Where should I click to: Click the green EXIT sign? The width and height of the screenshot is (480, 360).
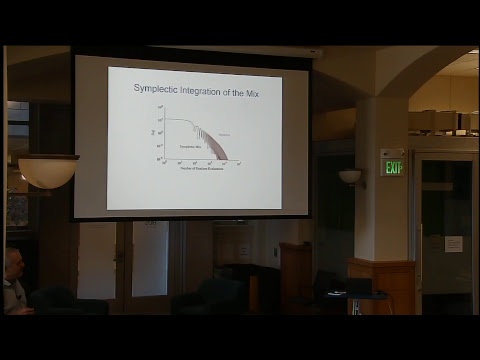pyautogui.click(x=393, y=167)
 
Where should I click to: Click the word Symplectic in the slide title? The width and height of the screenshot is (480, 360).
pyautogui.click(x=159, y=88)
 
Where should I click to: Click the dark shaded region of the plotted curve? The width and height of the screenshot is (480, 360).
pyautogui.click(x=215, y=147)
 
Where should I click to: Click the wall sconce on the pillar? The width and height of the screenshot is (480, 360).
pyautogui.click(x=350, y=176)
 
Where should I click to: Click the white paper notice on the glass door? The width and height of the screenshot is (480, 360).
pyautogui.click(x=453, y=244)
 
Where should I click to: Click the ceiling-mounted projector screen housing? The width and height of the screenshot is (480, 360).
pyautogui.click(x=195, y=50)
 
